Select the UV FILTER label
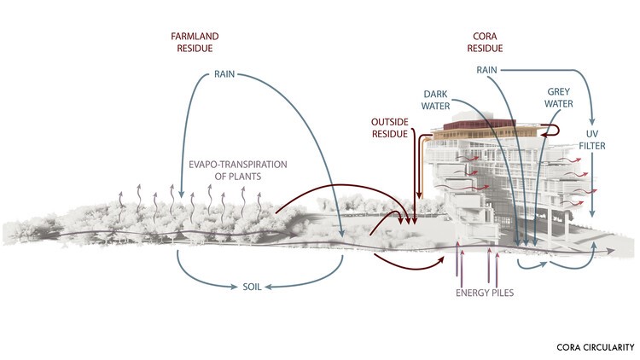[597, 141]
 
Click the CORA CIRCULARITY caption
[595, 347]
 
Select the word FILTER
[597, 147]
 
